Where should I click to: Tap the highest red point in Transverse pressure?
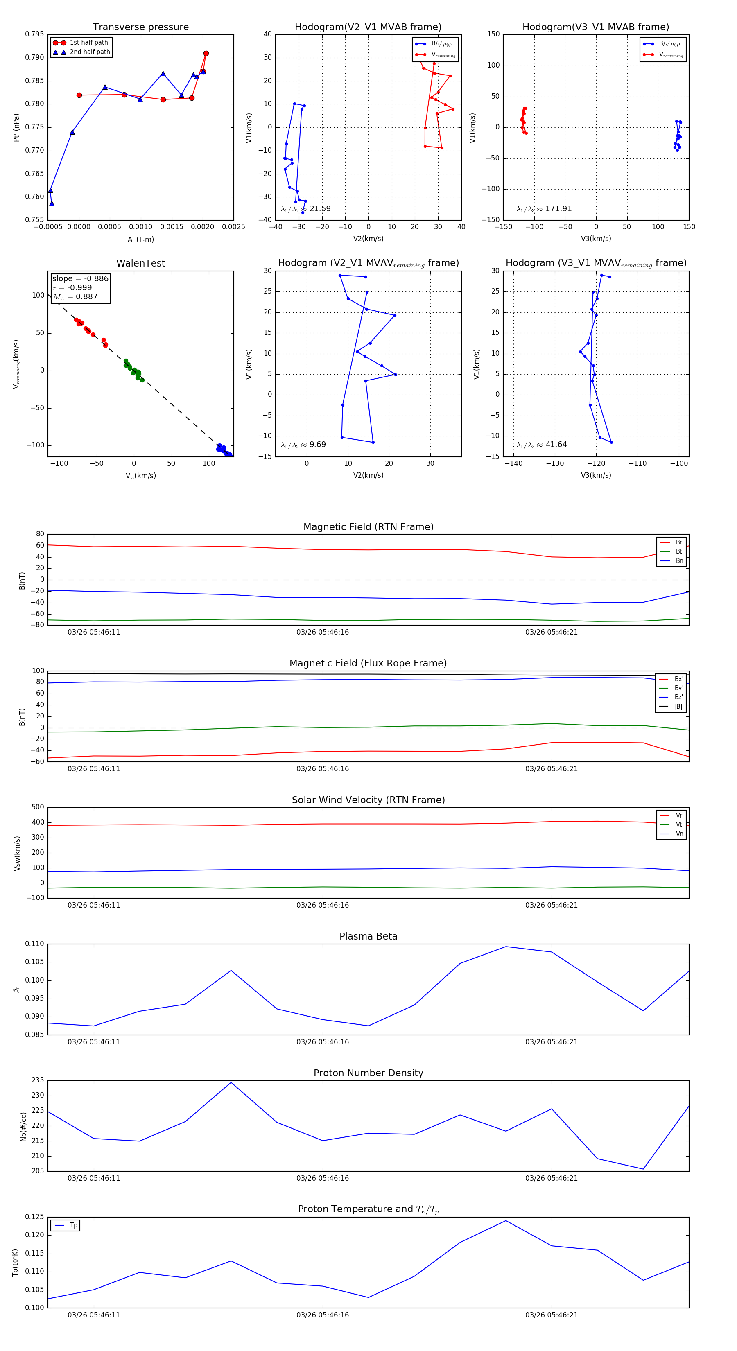click(x=206, y=54)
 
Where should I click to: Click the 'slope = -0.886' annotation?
click(x=80, y=278)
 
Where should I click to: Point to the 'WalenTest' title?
click(x=140, y=263)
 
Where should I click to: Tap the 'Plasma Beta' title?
click(x=368, y=936)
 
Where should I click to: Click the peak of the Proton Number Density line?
click(x=231, y=1082)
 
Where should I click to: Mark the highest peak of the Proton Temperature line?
click(x=506, y=1220)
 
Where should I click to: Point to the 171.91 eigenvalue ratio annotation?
click(x=545, y=209)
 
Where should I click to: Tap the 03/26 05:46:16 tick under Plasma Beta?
click(x=323, y=1041)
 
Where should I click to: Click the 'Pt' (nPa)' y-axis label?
click(x=16, y=127)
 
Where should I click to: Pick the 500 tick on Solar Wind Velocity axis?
click(x=38, y=807)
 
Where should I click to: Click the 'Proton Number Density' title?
click(x=368, y=1073)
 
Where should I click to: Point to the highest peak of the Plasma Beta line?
click(x=506, y=947)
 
